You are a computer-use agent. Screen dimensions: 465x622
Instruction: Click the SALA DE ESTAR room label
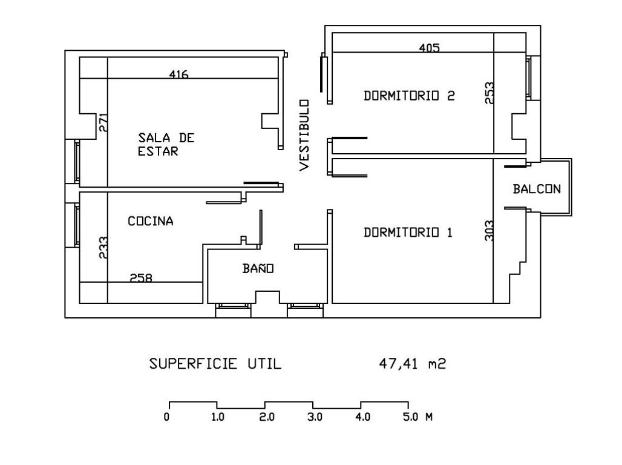(x=166, y=145)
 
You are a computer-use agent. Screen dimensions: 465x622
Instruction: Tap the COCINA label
(x=151, y=222)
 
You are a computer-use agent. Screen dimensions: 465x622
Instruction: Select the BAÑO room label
(x=258, y=268)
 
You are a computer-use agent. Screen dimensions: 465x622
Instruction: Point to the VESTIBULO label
(x=304, y=135)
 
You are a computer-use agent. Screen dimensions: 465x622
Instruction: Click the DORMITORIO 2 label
(x=409, y=96)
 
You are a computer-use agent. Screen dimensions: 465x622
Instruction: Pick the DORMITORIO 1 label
(x=408, y=232)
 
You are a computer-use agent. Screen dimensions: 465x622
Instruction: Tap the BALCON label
(x=537, y=189)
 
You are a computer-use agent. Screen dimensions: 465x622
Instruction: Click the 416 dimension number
(x=179, y=75)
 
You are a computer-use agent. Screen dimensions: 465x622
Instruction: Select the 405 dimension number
(x=430, y=48)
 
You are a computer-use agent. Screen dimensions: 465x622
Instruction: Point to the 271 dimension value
(x=103, y=124)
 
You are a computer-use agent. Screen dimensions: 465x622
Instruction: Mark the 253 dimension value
(x=489, y=93)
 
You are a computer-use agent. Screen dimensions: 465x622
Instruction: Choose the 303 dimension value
(x=489, y=230)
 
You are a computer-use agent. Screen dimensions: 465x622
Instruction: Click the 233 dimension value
(x=103, y=248)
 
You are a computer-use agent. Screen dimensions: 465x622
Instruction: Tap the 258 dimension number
(x=141, y=279)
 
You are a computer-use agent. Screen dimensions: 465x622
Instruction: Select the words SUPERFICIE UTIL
(x=215, y=364)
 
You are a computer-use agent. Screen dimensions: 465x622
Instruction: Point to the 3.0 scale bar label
(x=315, y=417)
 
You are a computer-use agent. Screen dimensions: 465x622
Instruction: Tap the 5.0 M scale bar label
(x=418, y=417)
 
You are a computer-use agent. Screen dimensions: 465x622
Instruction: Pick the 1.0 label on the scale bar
(x=218, y=417)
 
